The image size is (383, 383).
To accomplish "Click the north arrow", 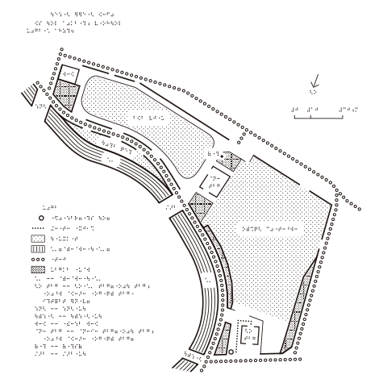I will pyautogui.click(x=316, y=81).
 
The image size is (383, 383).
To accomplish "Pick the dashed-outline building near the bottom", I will pyautogui.click(x=249, y=331).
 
